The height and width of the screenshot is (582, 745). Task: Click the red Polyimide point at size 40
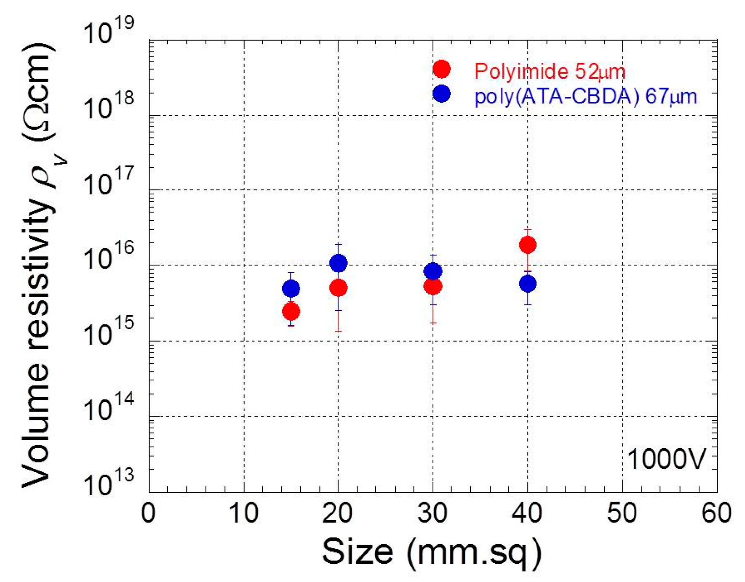click(527, 244)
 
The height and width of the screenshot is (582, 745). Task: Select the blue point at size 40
click(527, 284)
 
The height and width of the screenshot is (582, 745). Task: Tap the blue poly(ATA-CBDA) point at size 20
click(338, 263)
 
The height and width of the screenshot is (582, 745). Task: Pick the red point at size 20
click(338, 288)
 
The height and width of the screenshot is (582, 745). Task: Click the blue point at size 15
click(291, 289)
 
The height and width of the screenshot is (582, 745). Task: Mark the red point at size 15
click(291, 311)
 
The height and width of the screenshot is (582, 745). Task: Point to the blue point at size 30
click(433, 271)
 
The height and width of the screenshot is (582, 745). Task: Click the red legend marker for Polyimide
click(441, 69)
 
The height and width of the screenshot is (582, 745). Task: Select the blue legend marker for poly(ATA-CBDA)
click(441, 93)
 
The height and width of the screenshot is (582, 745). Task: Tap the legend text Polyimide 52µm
click(549, 71)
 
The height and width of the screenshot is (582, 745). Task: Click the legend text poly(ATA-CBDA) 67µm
click(585, 96)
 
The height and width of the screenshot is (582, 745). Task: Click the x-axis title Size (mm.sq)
click(432, 552)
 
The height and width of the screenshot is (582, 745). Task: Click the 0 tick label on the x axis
click(148, 513)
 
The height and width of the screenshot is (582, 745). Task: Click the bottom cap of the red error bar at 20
click(338, 331)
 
